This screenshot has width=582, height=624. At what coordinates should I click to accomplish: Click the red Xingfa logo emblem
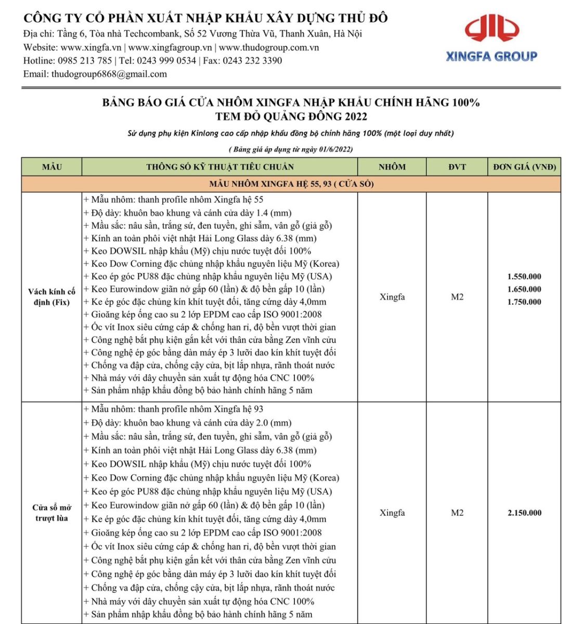[x=492, y=30]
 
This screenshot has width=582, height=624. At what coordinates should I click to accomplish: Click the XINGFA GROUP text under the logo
[x=492, y=56]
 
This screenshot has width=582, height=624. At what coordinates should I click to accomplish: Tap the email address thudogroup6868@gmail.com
[x=109, y=74]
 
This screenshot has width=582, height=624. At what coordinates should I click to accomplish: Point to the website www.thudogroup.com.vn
[x=269, y=47]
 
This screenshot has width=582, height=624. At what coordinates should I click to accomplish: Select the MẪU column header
[x=51, y=167]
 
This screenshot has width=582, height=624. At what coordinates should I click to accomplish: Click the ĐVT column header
[x=457, y=167]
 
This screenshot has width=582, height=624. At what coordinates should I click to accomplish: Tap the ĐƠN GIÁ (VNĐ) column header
[x=524, y=167]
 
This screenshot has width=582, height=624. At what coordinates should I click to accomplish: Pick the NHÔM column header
[x=392, y=167]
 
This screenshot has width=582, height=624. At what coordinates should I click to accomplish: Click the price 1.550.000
[x=524, y=277]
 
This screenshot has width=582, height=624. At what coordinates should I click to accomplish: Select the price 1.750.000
[x=524, y=302]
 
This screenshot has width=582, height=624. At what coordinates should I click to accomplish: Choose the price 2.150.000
[x=524, y=513]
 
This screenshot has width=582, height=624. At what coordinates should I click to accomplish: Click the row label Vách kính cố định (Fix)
[x=51, y=297]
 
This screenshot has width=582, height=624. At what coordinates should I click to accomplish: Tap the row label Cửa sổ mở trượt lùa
[x=51, y=513]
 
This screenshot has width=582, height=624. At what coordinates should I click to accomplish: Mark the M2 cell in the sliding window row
[x=457, y=513]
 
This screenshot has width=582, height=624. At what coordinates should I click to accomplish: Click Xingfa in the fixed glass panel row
[x=392, y=297]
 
